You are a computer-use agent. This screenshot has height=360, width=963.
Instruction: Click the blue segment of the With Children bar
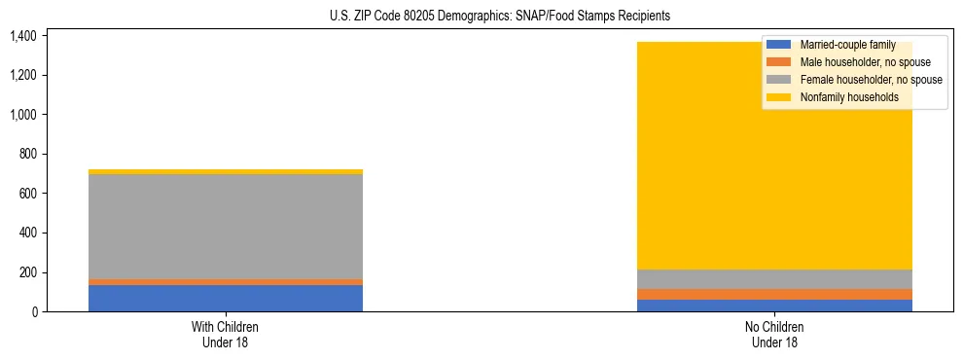(x=226, y=298)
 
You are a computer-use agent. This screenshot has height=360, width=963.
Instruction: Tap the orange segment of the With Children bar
(x=226, y=282)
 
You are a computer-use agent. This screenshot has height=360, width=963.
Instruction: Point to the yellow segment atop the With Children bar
(x=226, y=172)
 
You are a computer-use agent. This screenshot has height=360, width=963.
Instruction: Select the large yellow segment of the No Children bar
(x=681, y=175)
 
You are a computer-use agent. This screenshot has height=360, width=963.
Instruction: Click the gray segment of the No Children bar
(x=775, y=279)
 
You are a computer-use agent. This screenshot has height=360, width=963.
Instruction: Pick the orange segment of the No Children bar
(x=775, y=294)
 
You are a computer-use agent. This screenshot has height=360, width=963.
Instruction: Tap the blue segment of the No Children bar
(x=775, y=306)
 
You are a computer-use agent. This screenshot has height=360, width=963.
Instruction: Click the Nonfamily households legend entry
(x=849, y=97)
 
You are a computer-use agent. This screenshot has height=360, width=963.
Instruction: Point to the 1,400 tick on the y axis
(x=22, y=36)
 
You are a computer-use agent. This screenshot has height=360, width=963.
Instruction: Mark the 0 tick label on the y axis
(x=35, y=311)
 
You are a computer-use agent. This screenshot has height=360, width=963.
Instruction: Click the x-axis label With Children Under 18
(x=226, y=334)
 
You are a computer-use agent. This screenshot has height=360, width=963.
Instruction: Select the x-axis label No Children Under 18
(x=775, y=334)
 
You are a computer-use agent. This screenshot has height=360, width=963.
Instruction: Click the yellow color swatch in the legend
(x=779, y=97)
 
